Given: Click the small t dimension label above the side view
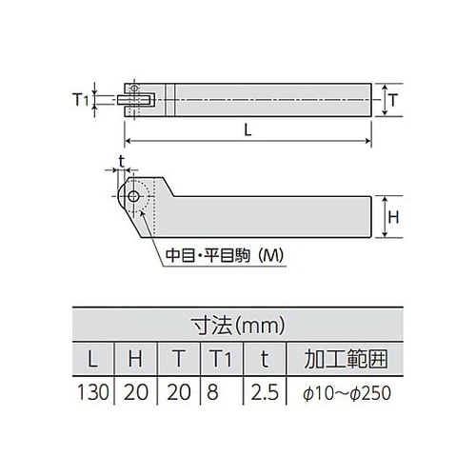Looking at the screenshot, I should (x=121, y=159).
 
